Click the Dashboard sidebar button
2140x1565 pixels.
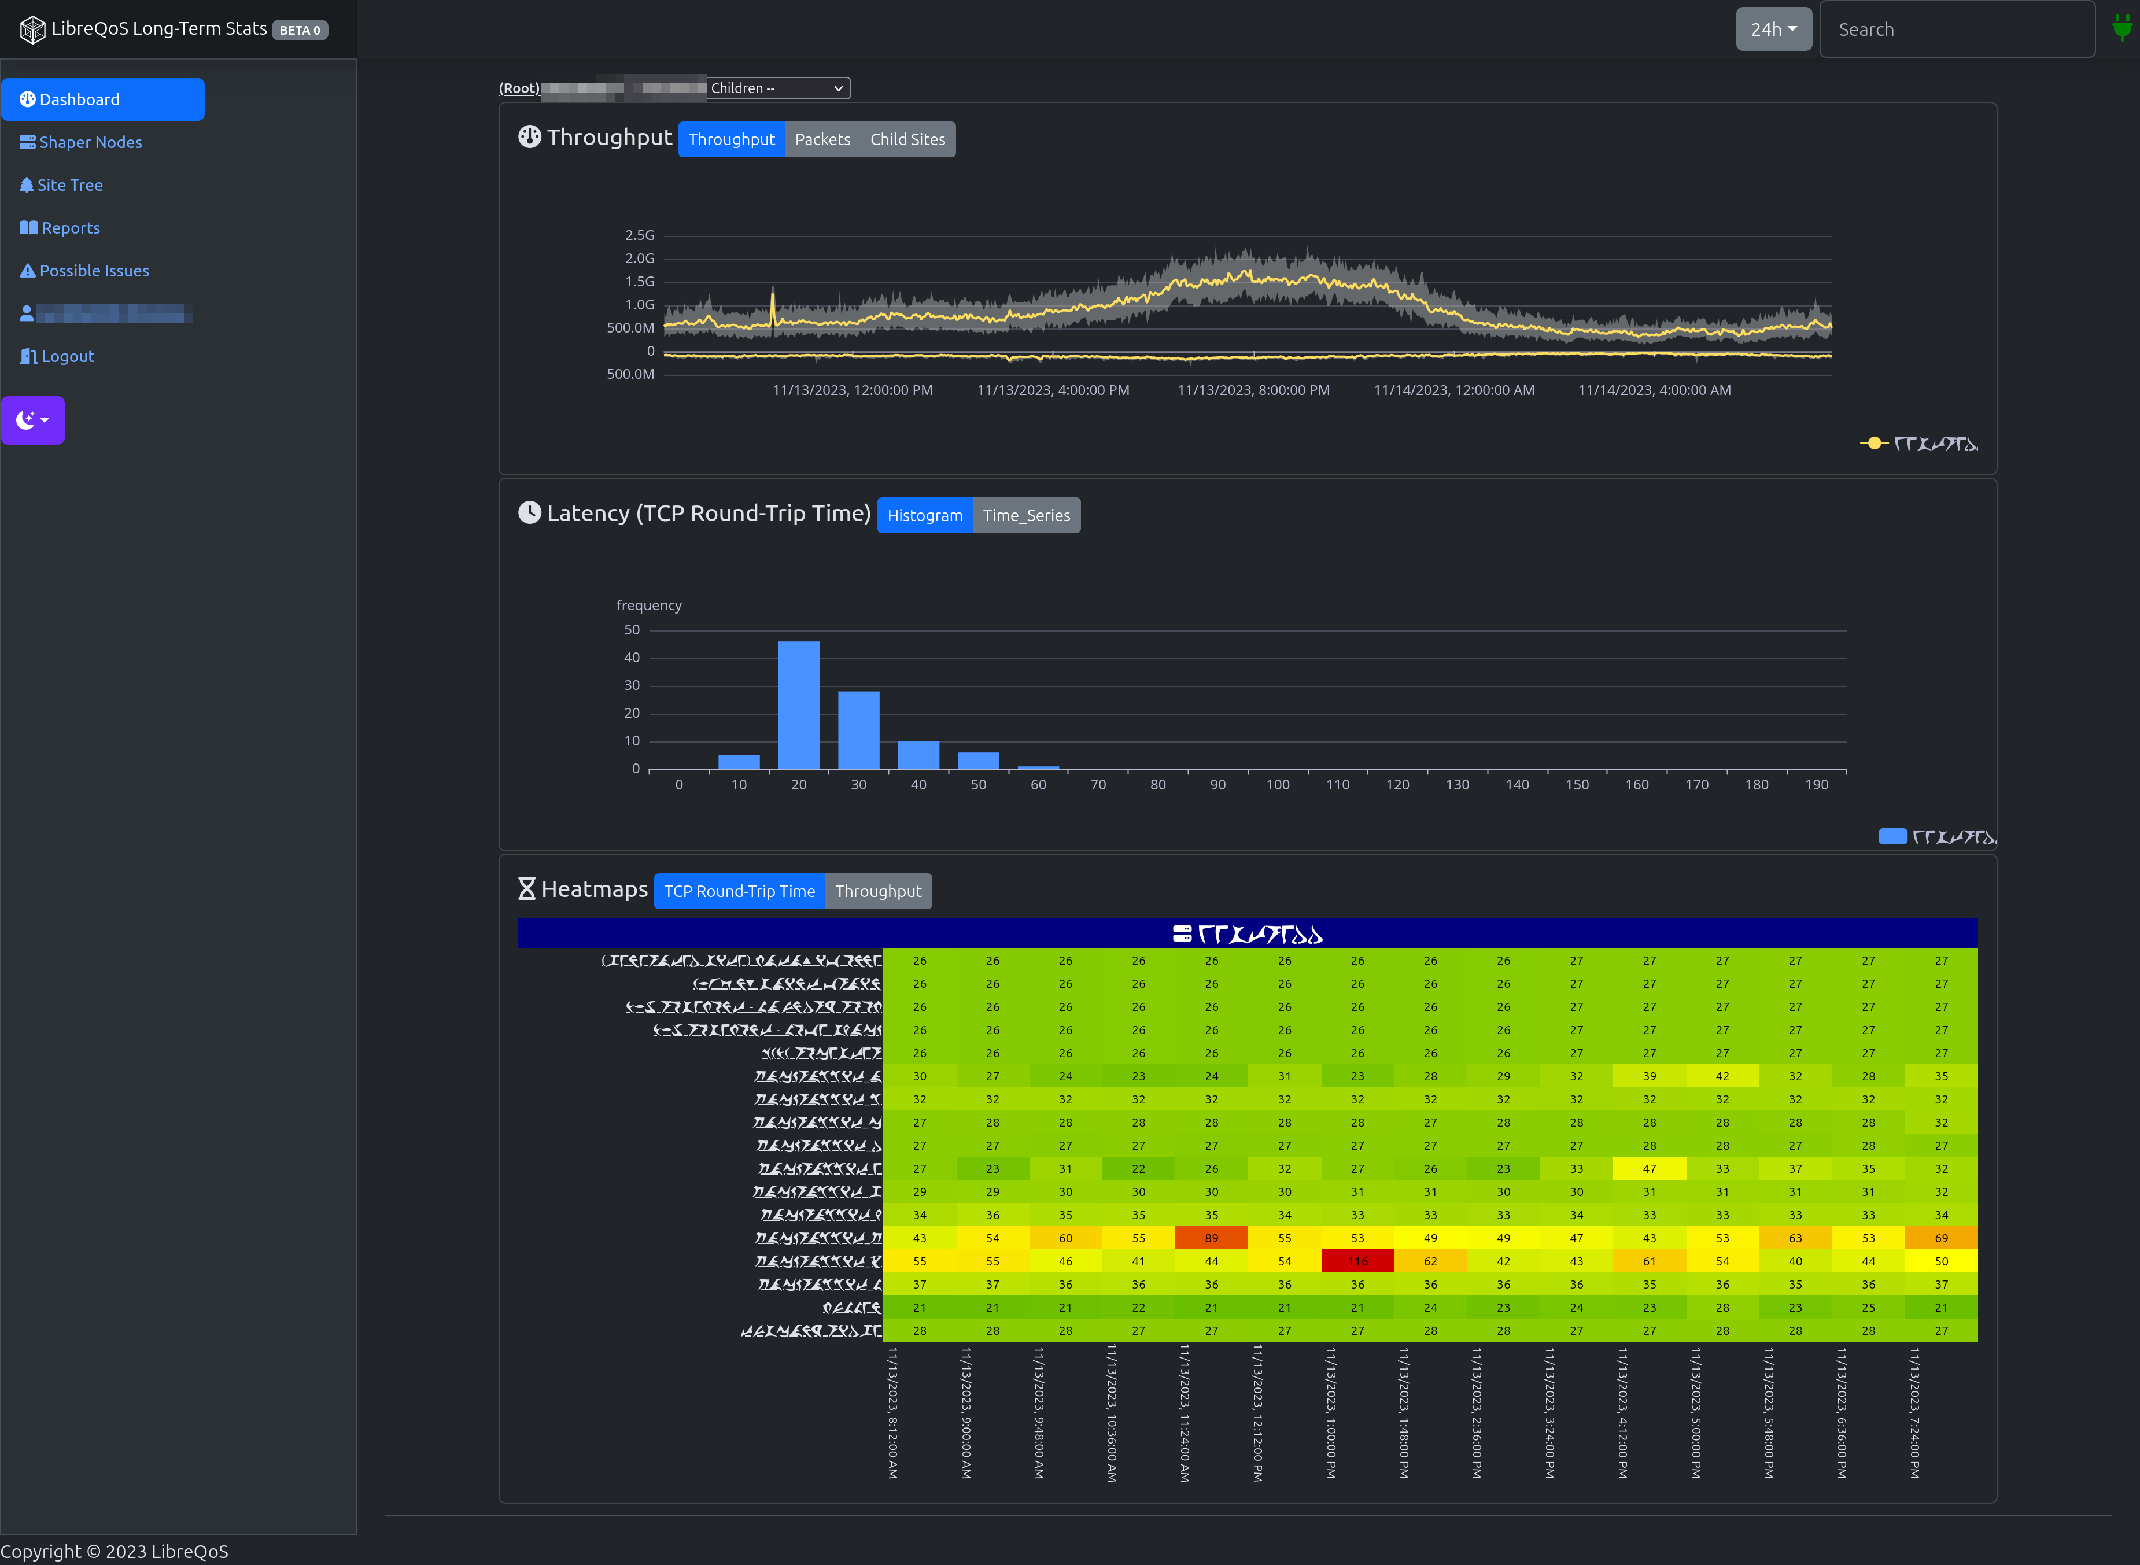(102, 99)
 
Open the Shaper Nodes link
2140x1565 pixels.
(82, 142)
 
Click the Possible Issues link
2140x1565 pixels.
(85, 271)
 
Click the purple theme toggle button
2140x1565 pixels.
(33, 420)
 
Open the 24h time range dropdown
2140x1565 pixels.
(1772, 29)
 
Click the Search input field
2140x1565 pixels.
(1956, 29)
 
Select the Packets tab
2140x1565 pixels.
(822, 139)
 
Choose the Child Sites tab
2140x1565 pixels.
(907, 139)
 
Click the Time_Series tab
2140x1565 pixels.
(1026, 515)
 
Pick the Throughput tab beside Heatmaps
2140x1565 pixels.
(878, 891)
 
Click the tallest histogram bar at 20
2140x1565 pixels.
(799, 705)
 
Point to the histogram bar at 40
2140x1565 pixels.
(918, 755)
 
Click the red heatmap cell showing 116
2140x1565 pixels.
(1357, 1261)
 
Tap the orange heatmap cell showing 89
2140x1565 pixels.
(1212, 1238)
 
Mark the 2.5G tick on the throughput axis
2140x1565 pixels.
(640, 235)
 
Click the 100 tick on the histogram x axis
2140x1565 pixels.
(1278, 784)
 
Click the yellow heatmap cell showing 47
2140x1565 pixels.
(1650, 1169)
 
